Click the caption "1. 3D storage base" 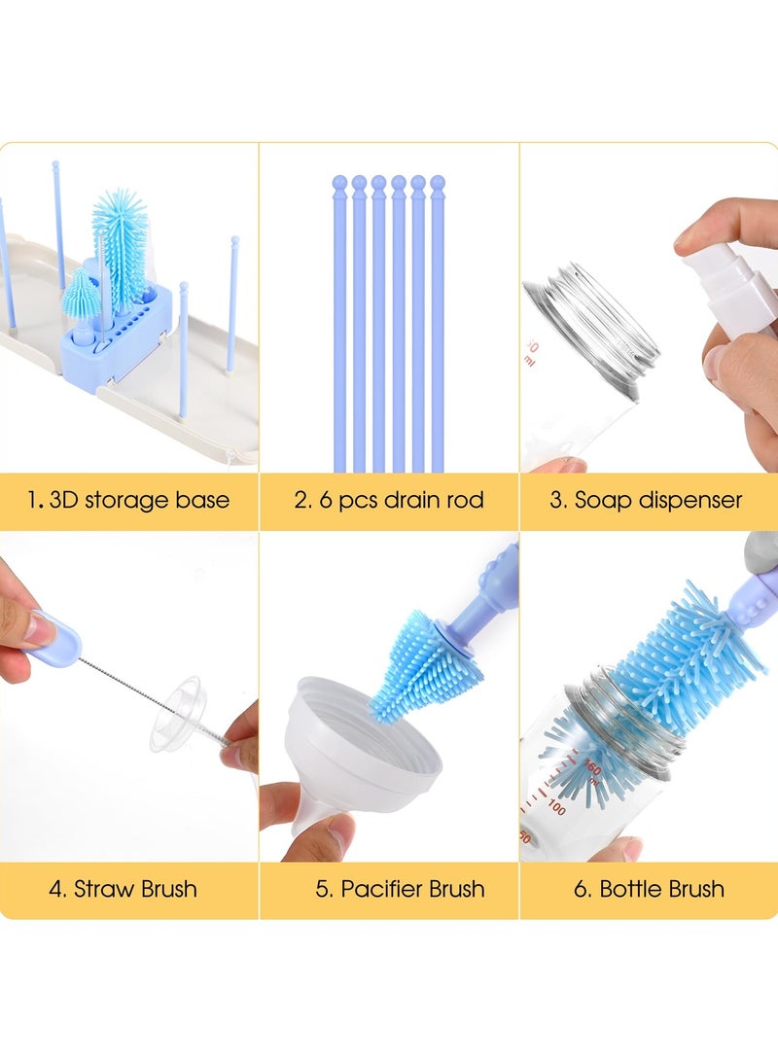tap(128, 501)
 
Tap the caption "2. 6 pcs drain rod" tap(389, 501)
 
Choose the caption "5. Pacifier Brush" tap(401, 888)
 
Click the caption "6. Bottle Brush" tap(649, 888)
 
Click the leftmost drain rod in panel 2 tap(339, 321)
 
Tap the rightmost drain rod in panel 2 tap(438, 321)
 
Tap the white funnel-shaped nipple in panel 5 tap(360, 749)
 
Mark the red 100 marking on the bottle tap(556, 807)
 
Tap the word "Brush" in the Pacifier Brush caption tap(450, 888)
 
